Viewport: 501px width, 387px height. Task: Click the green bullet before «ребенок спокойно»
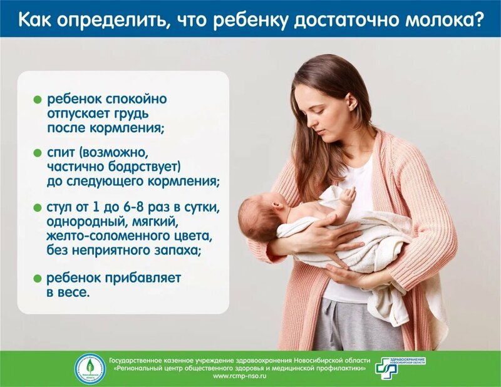[37, 100]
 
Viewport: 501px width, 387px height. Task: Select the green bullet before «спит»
[37, 153]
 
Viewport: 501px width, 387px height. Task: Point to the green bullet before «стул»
[37, 207]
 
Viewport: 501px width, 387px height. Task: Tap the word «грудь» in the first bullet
[127, 115]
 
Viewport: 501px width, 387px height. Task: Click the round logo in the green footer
[90, 369]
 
